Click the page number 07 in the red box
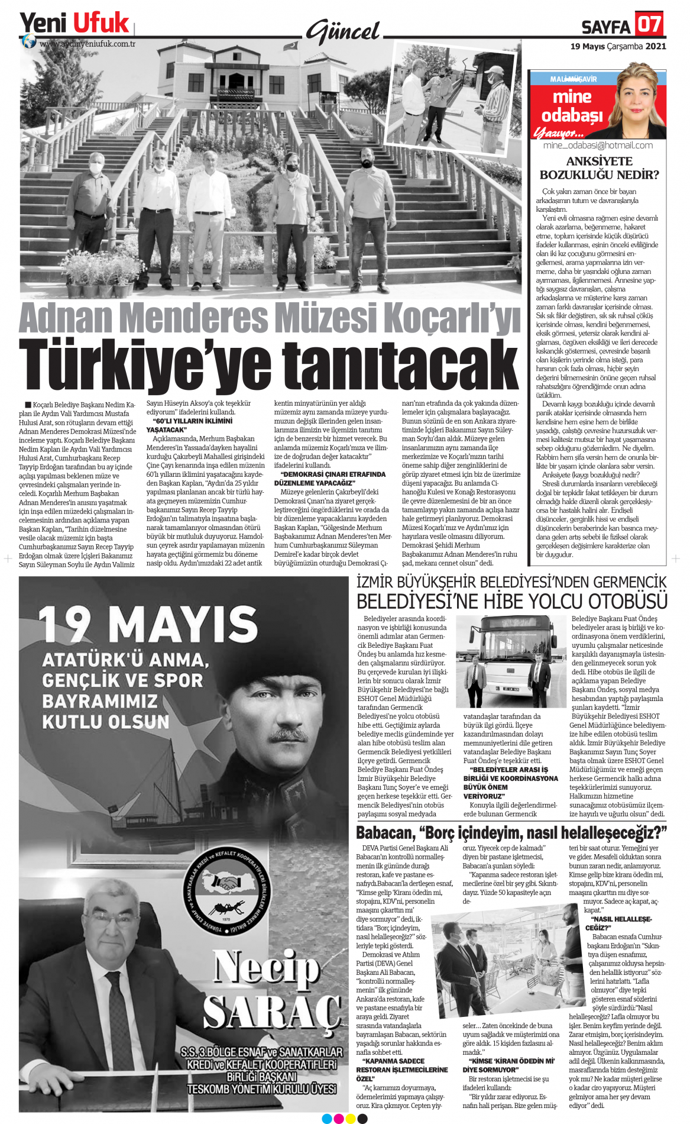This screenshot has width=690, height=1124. [x=649, y=25]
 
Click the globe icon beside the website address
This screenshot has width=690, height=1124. [x=28, y=41]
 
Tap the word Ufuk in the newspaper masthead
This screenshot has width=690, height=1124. [x=101, y=23]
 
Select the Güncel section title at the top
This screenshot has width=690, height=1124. [x=343, y=31]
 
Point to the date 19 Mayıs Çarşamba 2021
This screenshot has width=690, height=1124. [x=618, y=46]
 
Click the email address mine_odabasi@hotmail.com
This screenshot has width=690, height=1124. [x=598, y=145]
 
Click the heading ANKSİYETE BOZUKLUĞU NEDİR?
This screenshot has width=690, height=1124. [x=598, y=168]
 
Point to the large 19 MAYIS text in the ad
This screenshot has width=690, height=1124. [x=148, y=624]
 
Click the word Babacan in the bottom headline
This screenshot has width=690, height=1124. [x=386, y=833]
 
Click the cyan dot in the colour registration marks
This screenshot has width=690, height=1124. [x=327, y=1118]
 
